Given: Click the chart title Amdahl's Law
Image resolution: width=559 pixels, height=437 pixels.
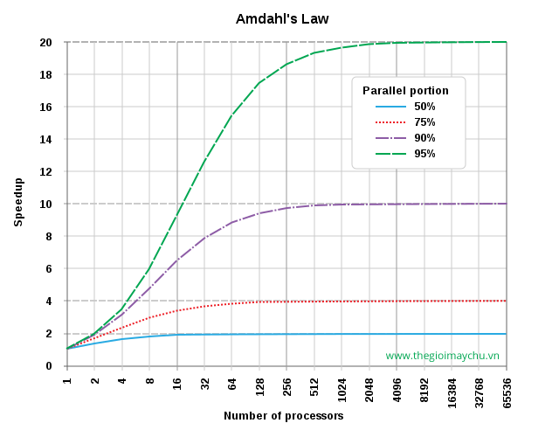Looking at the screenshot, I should click(282, 18).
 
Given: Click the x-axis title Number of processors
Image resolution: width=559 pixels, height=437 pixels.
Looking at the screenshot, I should click(284, 416).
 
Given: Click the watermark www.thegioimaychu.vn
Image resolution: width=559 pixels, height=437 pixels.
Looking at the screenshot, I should click(442, 356).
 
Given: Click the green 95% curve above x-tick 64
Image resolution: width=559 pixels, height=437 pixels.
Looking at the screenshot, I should click(232, 114).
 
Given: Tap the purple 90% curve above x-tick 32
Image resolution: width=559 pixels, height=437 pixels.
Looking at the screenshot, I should click(204, 237).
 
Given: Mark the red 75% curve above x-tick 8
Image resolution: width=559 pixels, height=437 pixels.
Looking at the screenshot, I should click(149, 317).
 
